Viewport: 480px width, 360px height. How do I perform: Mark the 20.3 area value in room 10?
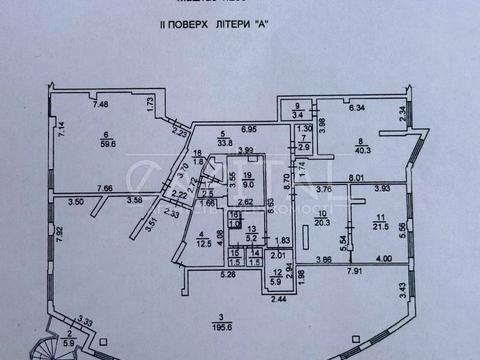(322, 225)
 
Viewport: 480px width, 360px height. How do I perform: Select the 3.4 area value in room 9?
(298, 116)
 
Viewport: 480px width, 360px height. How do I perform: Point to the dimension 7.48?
(100, 103)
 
